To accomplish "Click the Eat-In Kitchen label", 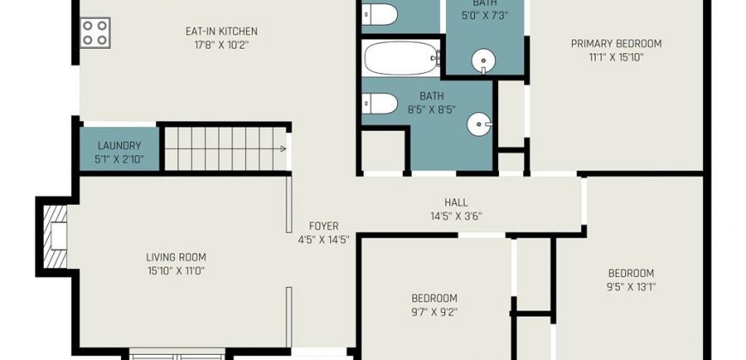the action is [221, 32].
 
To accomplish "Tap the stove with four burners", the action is [94, 33].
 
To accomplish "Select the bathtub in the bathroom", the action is [402, 58].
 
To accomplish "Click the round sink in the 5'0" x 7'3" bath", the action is [484, 62].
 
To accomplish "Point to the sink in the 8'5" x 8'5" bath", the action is [479, 124].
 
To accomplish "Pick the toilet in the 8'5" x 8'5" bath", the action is [379, 104].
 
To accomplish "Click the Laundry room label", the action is [119, 146].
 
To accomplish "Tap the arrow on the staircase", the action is [283, 149].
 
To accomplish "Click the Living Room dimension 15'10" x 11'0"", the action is [176, 271].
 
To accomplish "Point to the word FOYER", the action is [323, 226].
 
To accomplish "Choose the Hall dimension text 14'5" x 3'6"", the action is [456, 216].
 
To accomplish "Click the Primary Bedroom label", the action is [617, 44].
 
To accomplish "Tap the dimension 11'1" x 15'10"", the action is [617, 57].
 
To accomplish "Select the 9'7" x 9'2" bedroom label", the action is [435, 298].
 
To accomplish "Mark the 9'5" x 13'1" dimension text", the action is [631, 287].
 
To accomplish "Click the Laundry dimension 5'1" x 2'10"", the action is [119, 159].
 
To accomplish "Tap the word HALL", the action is [456, 202].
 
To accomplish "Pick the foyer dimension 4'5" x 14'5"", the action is [323, 240].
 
